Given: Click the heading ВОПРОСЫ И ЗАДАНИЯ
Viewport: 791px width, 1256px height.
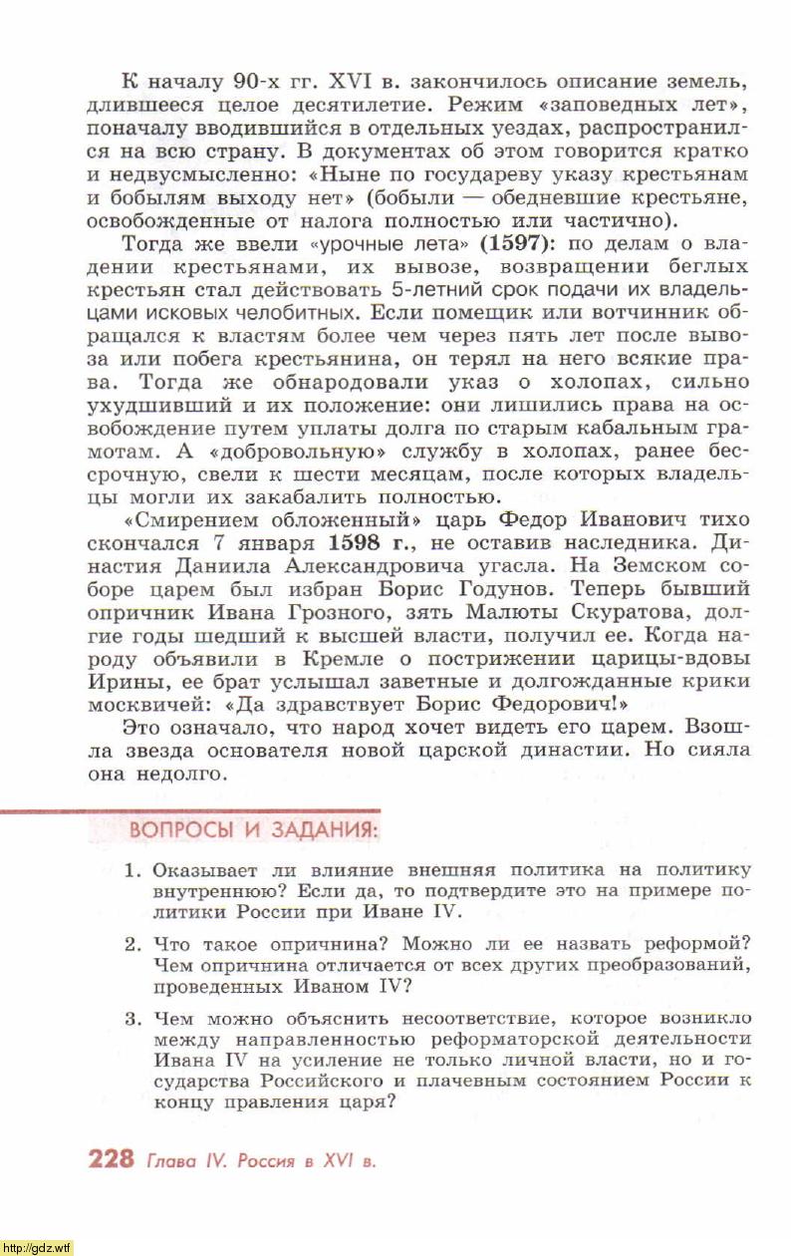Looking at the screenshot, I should (x=254, y=830).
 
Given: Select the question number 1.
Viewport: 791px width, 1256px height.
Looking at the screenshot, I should (x=132, y=870).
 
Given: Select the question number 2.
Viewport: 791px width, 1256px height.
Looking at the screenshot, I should (x=132, y=944).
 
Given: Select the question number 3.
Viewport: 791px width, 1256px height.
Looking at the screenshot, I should (x=132, y=1019).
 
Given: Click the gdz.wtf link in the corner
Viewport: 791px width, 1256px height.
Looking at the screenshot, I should (x=37, y=1247).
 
